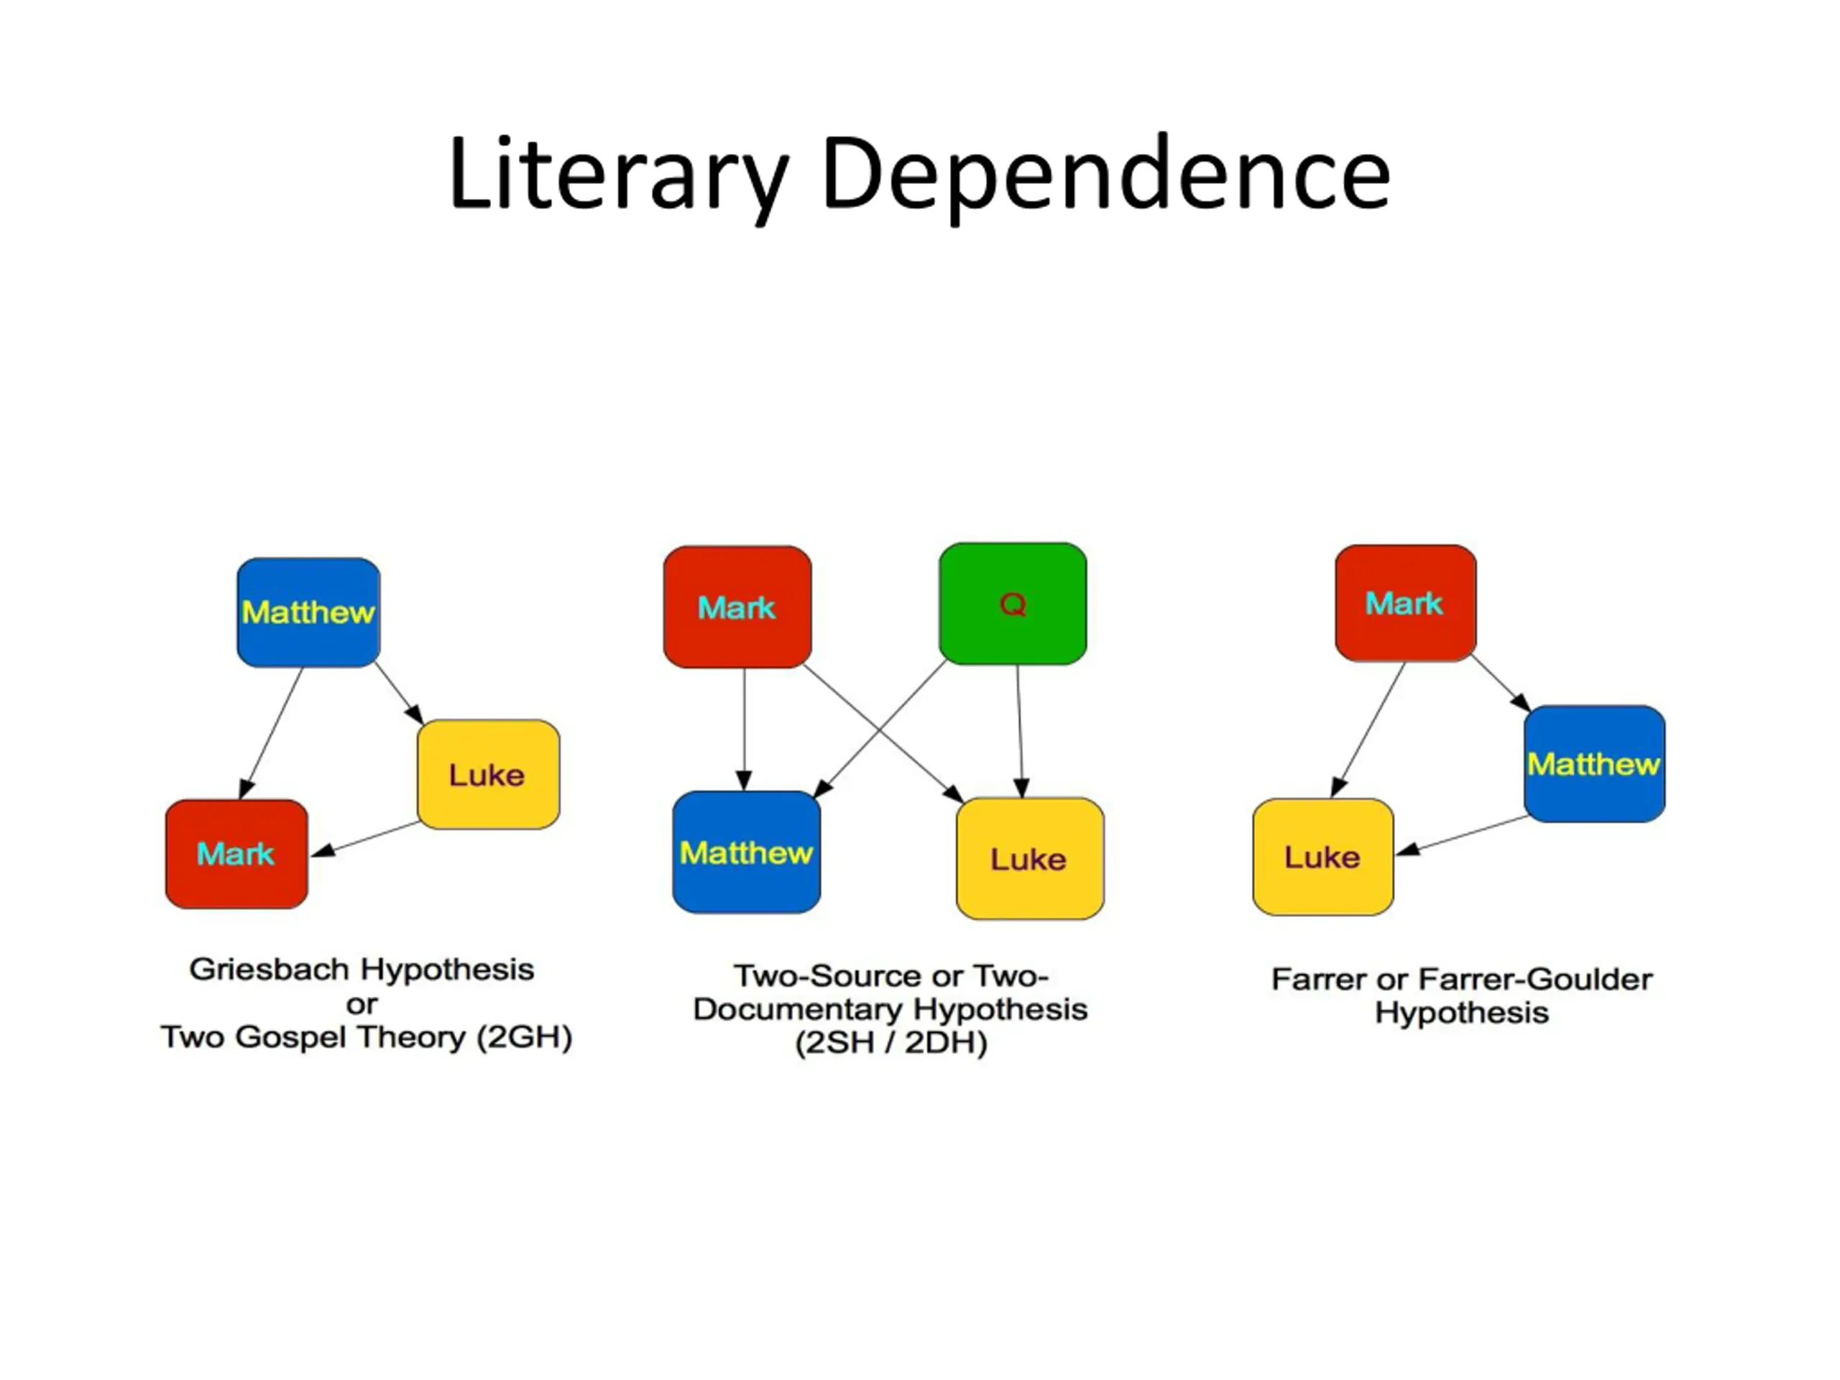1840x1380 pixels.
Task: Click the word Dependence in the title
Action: click(x=1105, y=175)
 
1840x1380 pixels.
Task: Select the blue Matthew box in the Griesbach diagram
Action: click(x=308, y=612)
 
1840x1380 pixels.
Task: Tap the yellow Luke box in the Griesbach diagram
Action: click(x=488, y=774)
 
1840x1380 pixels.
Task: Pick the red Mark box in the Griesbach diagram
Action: click(x=237, y=853)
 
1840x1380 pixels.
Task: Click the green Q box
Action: click(x=1012, y=604)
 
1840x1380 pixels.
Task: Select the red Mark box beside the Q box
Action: click(x=737, y=607)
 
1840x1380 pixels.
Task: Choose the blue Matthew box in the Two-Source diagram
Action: click(x=746, y=852)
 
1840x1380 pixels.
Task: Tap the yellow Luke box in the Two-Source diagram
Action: click(x=1030, y=858)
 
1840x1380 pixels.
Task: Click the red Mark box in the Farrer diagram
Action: click(x=1405, y=603)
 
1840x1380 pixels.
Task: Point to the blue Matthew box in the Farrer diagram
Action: click(x=1593, y=763)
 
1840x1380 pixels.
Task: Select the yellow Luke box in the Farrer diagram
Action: click(x=1322, y=857)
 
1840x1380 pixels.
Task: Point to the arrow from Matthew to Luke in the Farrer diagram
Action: click(x=1463, y=835)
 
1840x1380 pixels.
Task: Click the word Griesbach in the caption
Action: click(x=270, y=969)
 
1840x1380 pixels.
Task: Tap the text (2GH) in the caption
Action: click(x=524, y=1036)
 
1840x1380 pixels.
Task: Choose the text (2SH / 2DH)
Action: click(x=891, y=1042)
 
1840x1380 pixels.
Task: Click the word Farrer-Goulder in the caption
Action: click(x=1534, y=979)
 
